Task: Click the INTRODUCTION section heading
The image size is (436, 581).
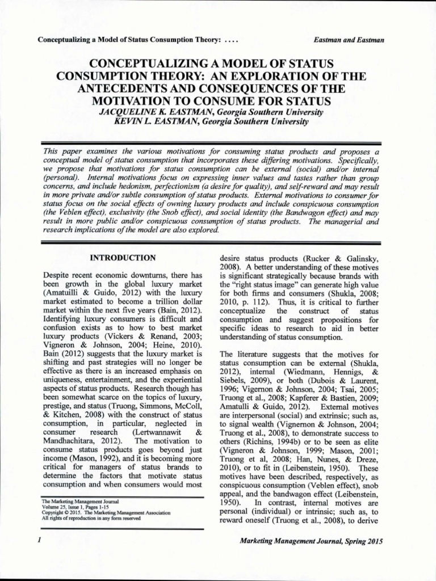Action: [x=123, y=258]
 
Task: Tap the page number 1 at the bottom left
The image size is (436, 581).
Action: [x=38, y=541]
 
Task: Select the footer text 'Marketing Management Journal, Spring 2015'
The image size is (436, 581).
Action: [x=312, y=541]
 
